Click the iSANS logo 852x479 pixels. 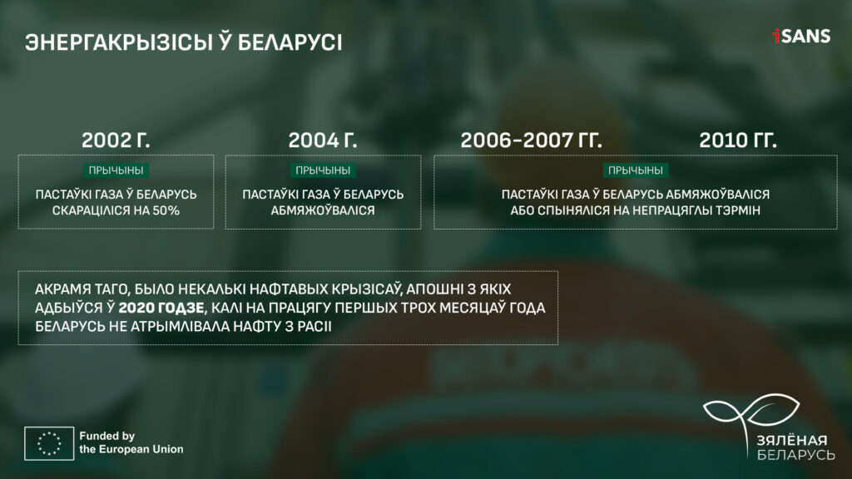pos(801,36)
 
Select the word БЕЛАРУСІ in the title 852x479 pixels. pos(290,42)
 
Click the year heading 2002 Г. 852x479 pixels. pos(116,140)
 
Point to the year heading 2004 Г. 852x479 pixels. pos(323,140)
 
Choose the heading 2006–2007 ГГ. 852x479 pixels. pos(532,140)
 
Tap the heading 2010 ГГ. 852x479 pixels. pos(738,140)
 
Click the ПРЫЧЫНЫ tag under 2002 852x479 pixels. pos(116,170)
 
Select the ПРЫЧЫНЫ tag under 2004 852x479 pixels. pos(323,170)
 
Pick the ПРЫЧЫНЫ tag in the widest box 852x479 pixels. pos(635,170)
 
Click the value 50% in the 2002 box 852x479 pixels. pos(166,210)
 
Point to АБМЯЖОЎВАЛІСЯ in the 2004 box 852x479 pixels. pos(323,210)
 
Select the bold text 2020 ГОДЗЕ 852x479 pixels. pos(161,308)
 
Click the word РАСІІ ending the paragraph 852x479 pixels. pos(315,326)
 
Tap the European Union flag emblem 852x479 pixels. pos(49,443)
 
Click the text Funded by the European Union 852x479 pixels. pos(131,442)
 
